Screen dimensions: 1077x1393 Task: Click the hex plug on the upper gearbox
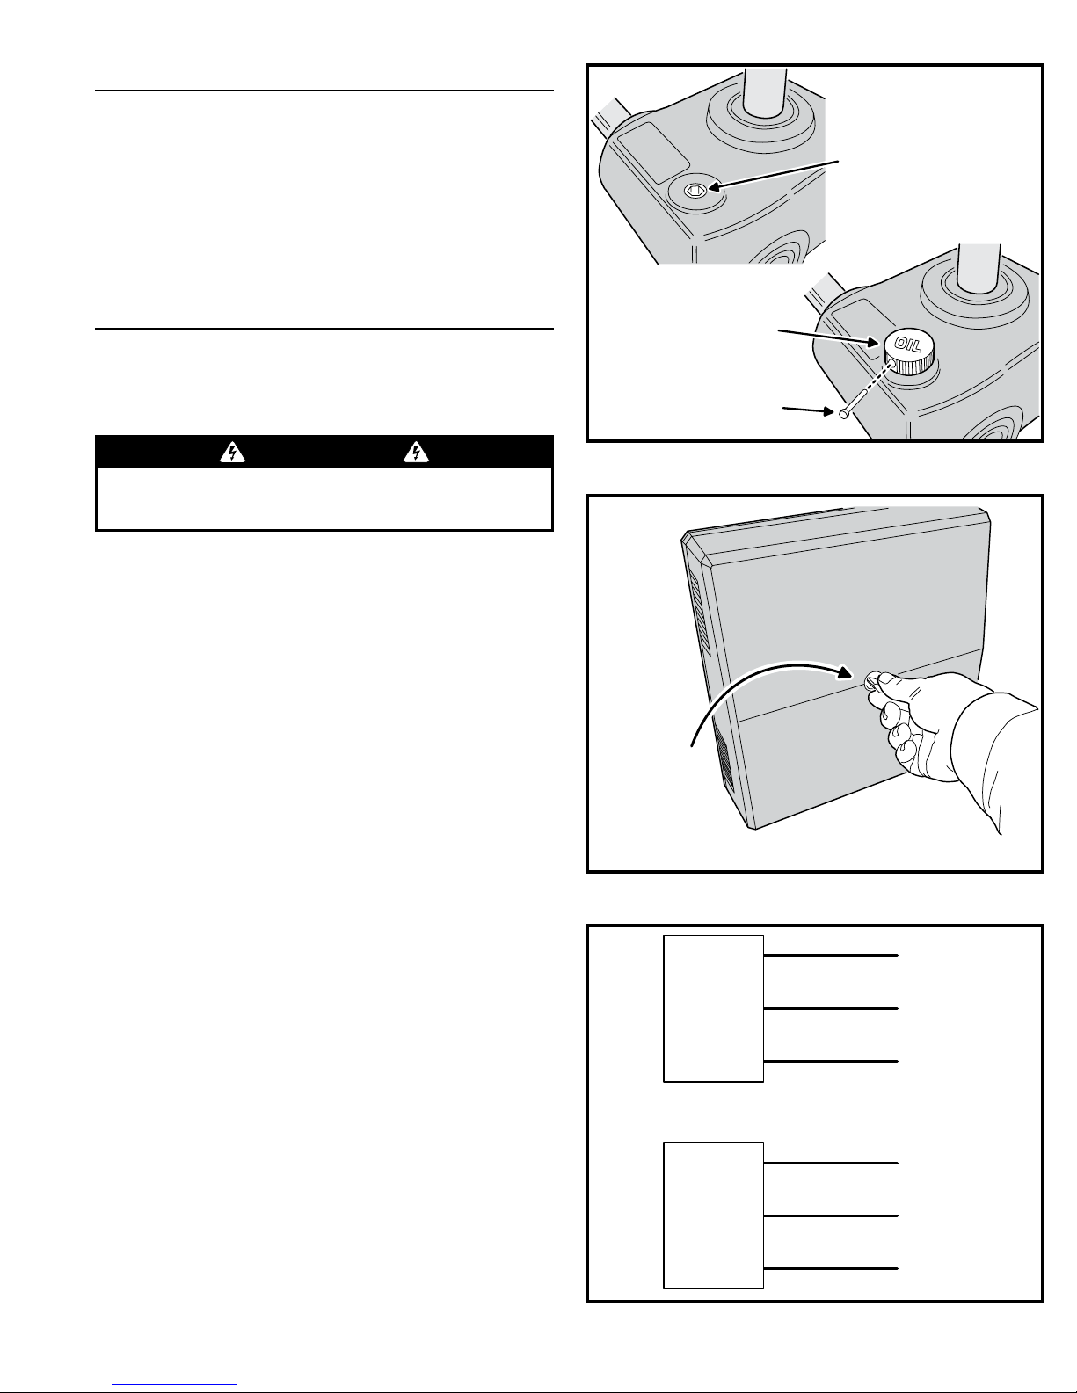(695, 189)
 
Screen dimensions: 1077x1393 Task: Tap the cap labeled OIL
(911, 353)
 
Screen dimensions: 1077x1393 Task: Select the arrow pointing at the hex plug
(774, 174)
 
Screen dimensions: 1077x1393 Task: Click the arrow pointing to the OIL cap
(827, 337)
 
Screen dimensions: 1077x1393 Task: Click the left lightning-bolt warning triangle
(232, 453)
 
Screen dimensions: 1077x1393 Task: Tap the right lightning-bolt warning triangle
(416, 453)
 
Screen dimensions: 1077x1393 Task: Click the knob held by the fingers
(872, 681)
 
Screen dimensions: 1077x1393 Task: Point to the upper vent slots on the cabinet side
(701, 613)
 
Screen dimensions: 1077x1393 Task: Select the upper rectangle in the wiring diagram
(713, 1009)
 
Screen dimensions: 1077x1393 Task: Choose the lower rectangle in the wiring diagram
(713, 1215)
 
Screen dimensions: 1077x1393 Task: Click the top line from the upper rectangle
(831, 956)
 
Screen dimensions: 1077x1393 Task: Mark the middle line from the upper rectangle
(831, 1008)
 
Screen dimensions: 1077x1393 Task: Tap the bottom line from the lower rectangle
(831, 1268)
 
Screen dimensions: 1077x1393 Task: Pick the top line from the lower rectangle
(831, 1163)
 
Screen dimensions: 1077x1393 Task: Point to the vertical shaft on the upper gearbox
(766, 93)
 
